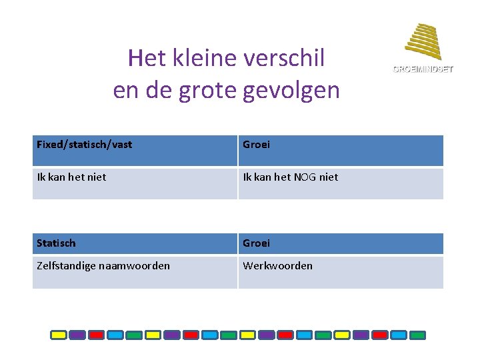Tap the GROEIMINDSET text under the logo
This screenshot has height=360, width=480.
click(423, 69)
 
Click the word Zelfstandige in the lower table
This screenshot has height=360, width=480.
click(66, 266)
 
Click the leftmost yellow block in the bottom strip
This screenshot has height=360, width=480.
click(59, 335)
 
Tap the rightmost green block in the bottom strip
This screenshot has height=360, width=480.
click(418, 335)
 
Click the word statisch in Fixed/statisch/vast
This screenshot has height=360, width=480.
click(88, 145)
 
